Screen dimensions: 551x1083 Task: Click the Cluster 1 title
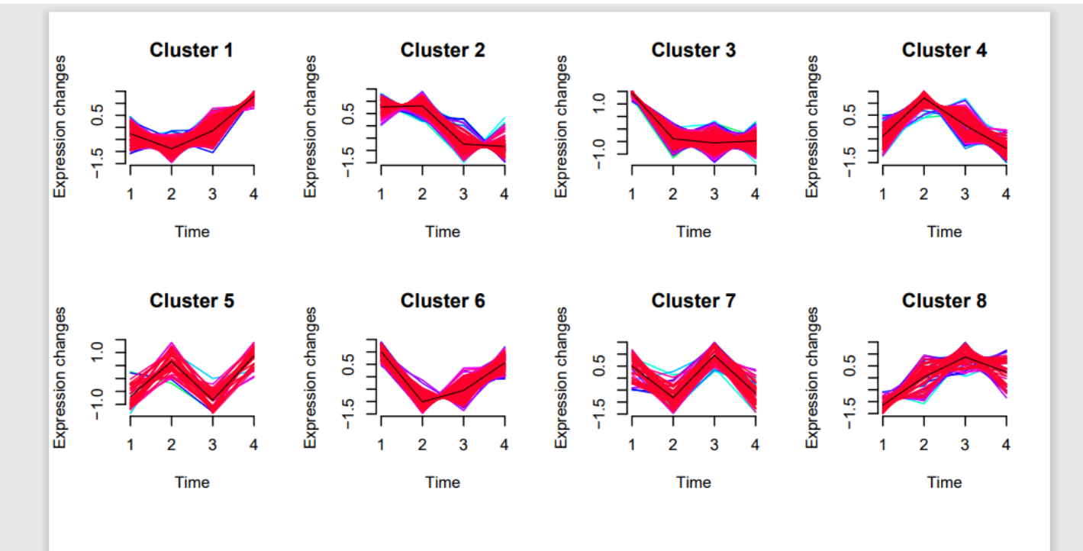coord(191,50)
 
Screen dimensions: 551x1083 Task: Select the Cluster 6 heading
coord(442,301)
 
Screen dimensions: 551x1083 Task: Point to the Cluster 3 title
coord(693,50)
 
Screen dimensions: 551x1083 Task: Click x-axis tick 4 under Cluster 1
coord(253,194)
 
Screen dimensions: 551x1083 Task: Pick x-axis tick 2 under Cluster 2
coord(422,194)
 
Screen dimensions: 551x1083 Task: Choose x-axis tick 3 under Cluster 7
coord(714,445)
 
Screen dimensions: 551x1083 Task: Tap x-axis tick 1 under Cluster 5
coord(131,445)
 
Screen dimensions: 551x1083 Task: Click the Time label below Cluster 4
coord(944,231)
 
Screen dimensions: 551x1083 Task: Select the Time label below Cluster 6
coord(443,482)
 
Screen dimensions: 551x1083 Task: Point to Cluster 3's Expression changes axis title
coord(562,127)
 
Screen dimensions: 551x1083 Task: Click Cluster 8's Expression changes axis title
coord(813,378)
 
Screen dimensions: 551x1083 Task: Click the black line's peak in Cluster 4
coord(924,98)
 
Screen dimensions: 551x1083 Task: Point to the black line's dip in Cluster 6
coord(422,401)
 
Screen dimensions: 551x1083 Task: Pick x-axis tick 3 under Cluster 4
coord(965,194)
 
